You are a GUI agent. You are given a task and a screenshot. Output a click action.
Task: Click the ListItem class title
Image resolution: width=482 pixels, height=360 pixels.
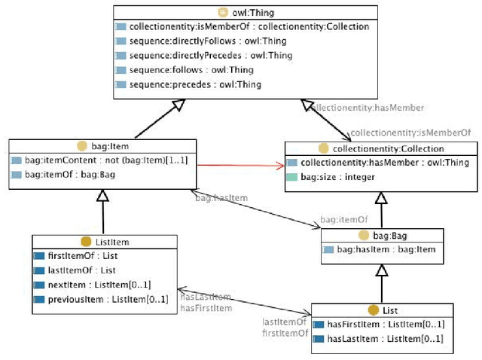(x=105, y=242)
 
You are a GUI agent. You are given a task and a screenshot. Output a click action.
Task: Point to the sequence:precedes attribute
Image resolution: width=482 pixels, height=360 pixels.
(x=195, y=84)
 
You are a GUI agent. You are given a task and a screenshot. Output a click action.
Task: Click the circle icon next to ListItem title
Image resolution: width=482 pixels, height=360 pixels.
(x=85, y=242)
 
